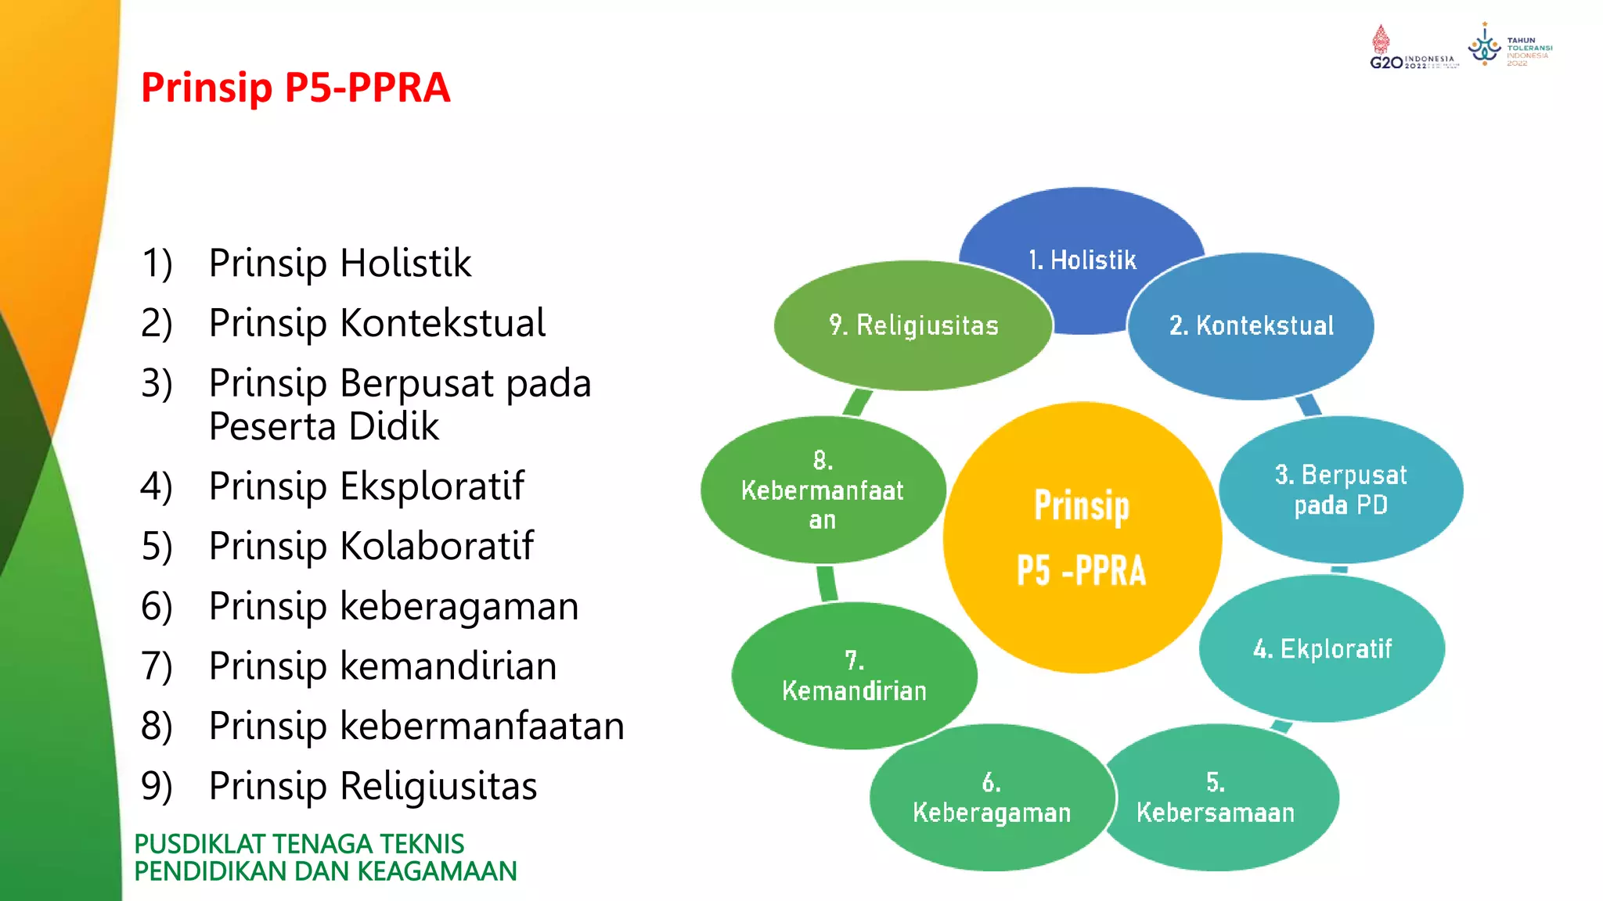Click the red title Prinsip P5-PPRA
(295, 87)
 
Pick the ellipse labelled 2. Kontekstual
(1251, 325)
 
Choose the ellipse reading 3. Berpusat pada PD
(1341, 490)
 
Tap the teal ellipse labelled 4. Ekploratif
(1322, 648)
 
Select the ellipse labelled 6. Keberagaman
(991, 798)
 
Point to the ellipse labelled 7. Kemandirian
(854, 676)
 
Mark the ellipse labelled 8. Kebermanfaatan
(822, 490)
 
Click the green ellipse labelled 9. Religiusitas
(913, 325)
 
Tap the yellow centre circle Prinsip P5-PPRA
(1082, 538)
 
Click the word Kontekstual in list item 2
(443, 323)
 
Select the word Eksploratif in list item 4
(432, 486)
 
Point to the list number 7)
(157, 666)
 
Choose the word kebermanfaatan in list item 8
(482, 726)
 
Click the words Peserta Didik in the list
(324, 426)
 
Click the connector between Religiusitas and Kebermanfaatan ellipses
(857, 403)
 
